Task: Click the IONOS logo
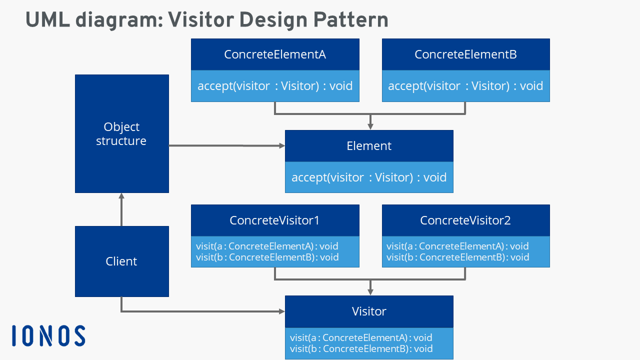point(48,335)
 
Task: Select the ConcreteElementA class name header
point(275,54)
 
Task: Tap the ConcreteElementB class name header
point(465,54)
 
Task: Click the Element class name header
point(369,146)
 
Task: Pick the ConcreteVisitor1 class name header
point(275,220)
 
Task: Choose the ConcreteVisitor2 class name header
point(465,220)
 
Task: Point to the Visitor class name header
point(369,311)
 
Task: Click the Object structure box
point(121,133)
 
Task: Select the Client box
point(121,261)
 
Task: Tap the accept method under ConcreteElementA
point(275,86)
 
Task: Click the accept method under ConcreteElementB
point(465,86)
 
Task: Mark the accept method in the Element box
point(369,177)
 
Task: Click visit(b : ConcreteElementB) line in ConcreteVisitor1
point(267,257)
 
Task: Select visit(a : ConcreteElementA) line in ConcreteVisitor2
point(457,246)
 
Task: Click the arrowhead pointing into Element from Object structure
point(281,146)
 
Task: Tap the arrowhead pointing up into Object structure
point(121,196)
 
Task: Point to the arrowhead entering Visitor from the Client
point(281,311)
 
